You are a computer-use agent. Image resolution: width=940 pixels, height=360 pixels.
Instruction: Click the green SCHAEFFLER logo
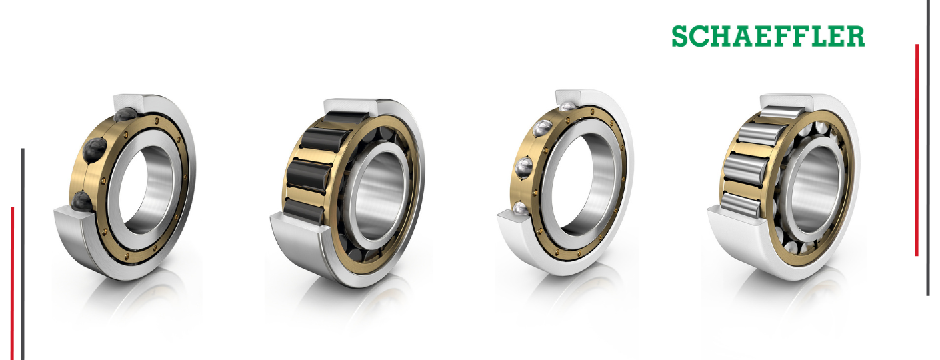pyautogui.click(x=768, y=36)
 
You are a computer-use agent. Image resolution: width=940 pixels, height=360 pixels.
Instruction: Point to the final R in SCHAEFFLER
pyautogui.click(x=855, y=36)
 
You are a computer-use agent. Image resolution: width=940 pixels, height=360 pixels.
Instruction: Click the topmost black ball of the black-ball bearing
pyautogui.click(x=126, y=115)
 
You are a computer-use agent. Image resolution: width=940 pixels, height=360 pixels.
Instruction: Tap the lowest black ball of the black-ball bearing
pyautogui.click(x=82, y=202)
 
